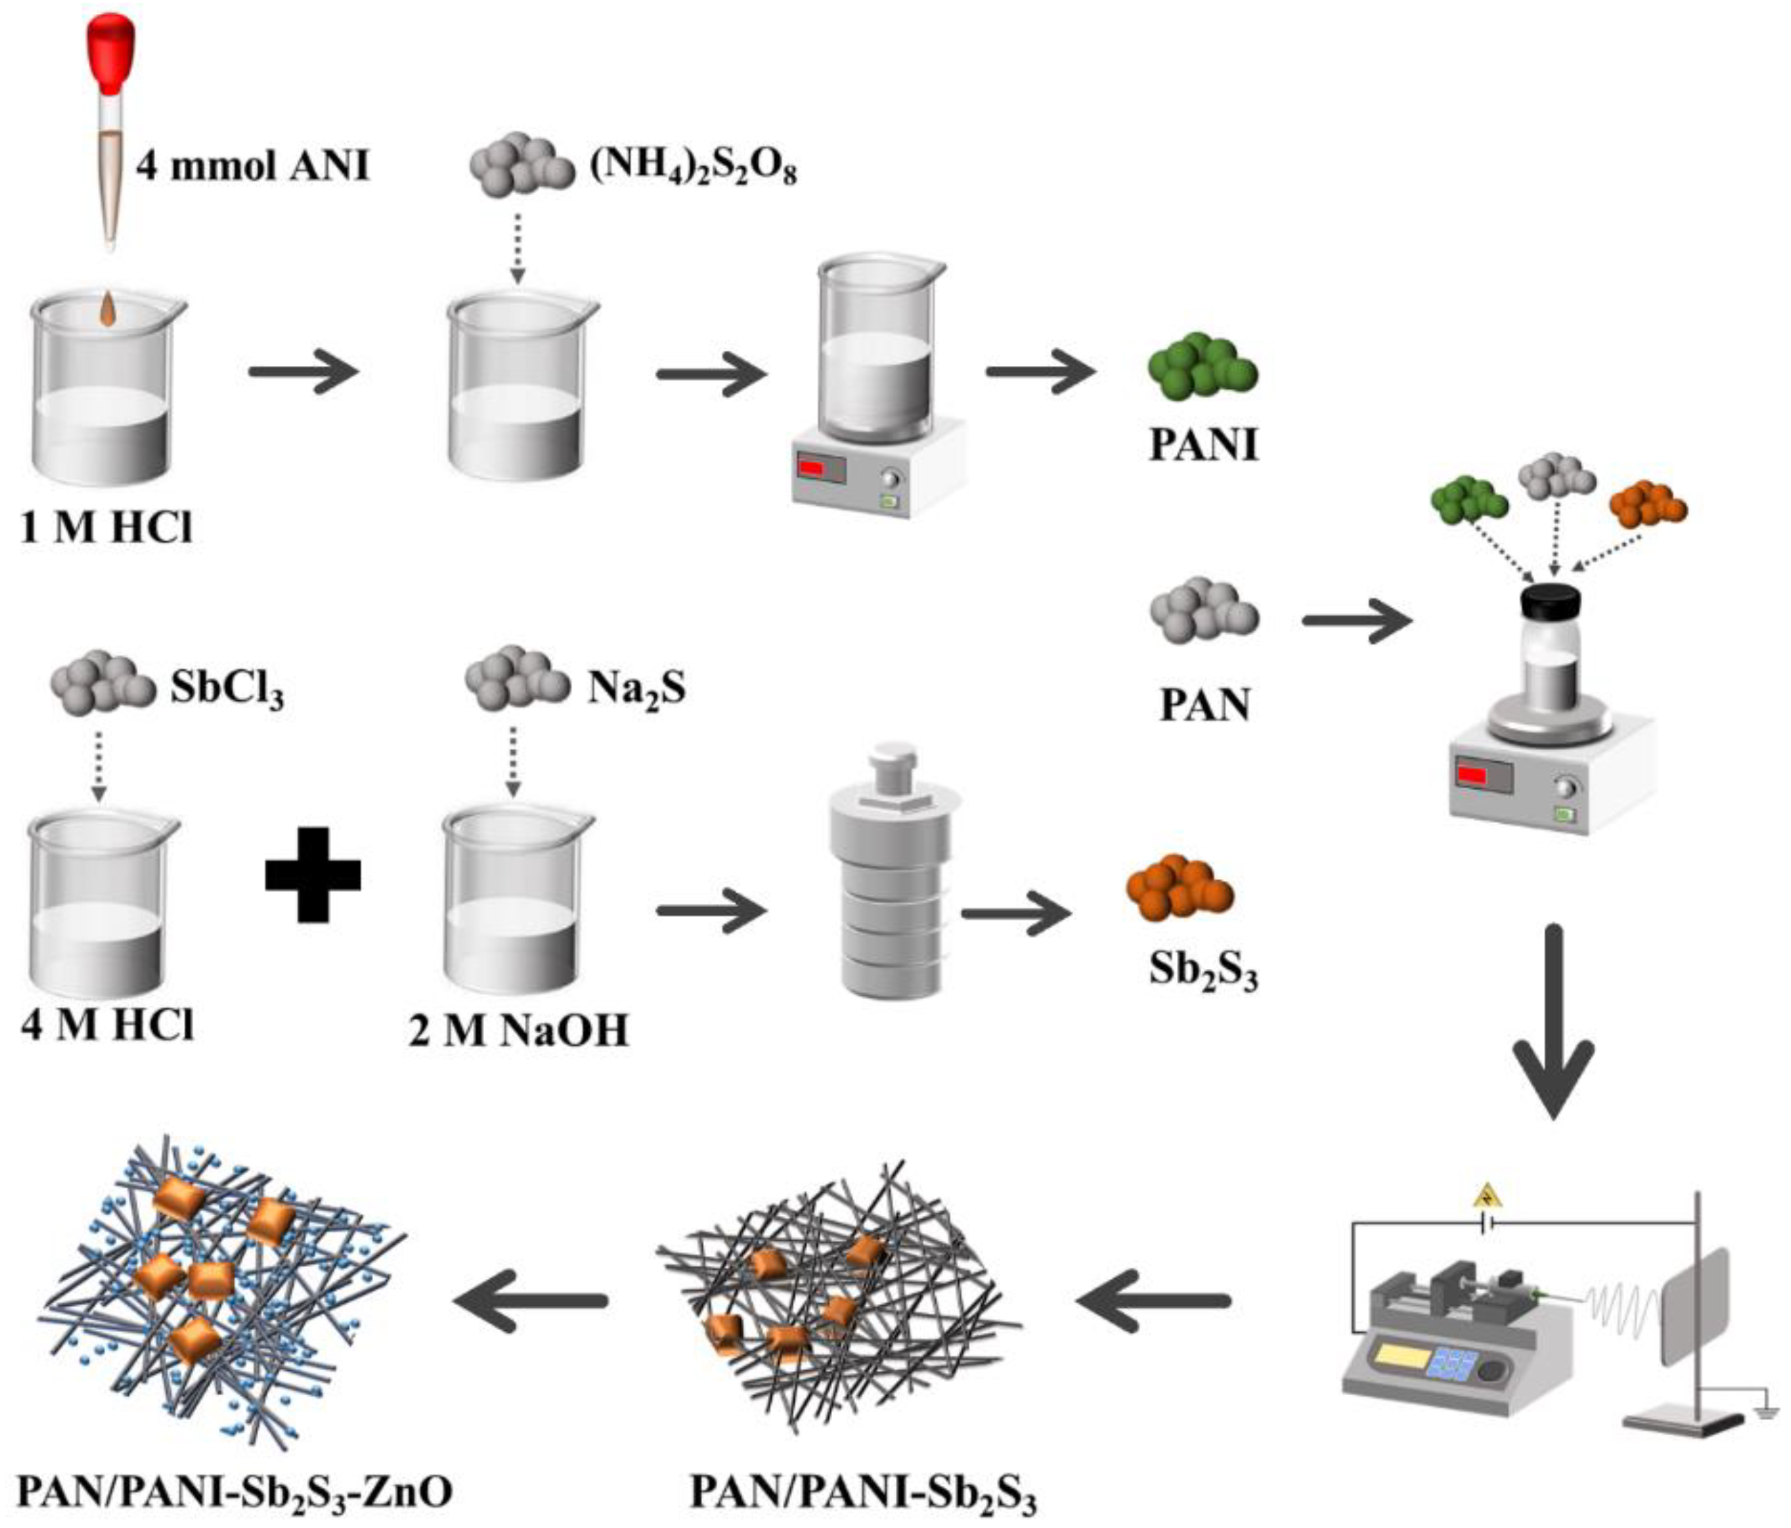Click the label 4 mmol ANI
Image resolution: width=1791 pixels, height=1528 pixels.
tap(253, 163)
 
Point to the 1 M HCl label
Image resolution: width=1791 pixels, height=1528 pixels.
tap(105, 527)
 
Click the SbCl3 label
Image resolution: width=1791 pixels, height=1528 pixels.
tap(226, 691)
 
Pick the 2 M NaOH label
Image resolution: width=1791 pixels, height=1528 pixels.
tap(519, 1031)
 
